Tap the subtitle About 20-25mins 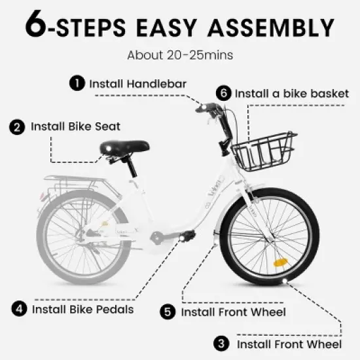coord(179,54)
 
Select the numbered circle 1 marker coord(78,83)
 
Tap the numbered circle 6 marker coord(224,93)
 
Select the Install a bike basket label coord(291,93)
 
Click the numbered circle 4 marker coord(20,308)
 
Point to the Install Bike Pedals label coord(82,308)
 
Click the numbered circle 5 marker coord(169,312)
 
